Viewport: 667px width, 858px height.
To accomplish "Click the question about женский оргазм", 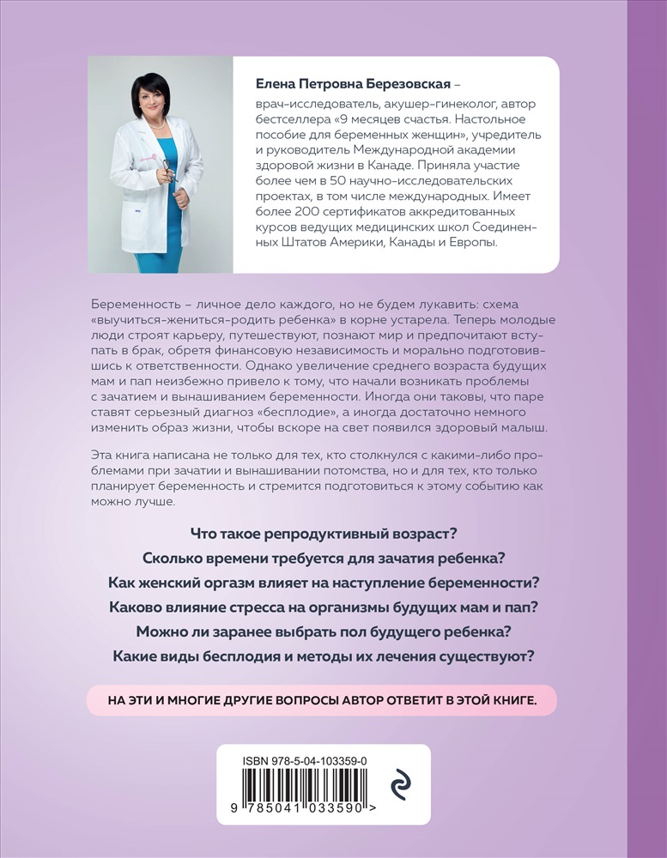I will tap(321, 583).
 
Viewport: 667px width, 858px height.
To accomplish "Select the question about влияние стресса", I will tap(321, 607).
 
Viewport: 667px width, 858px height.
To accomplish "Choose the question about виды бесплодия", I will tap(321, 657).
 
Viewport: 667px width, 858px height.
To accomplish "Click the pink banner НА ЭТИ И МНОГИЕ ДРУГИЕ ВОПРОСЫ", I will tap(321, 700).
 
